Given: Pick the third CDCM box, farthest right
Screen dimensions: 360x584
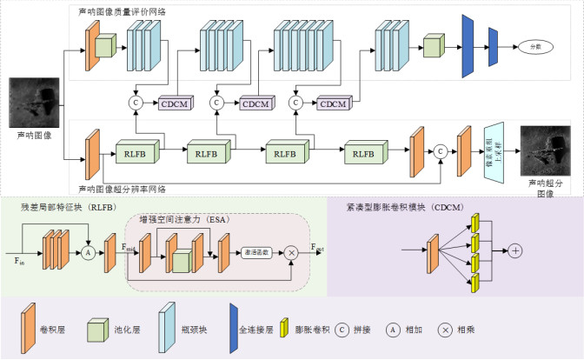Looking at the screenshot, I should point(329,104).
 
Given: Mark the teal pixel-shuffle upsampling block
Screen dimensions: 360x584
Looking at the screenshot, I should point(494,150).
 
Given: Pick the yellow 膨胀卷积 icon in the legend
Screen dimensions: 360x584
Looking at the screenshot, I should point(284,330).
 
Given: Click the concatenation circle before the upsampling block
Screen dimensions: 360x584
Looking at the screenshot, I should point(441,150).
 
